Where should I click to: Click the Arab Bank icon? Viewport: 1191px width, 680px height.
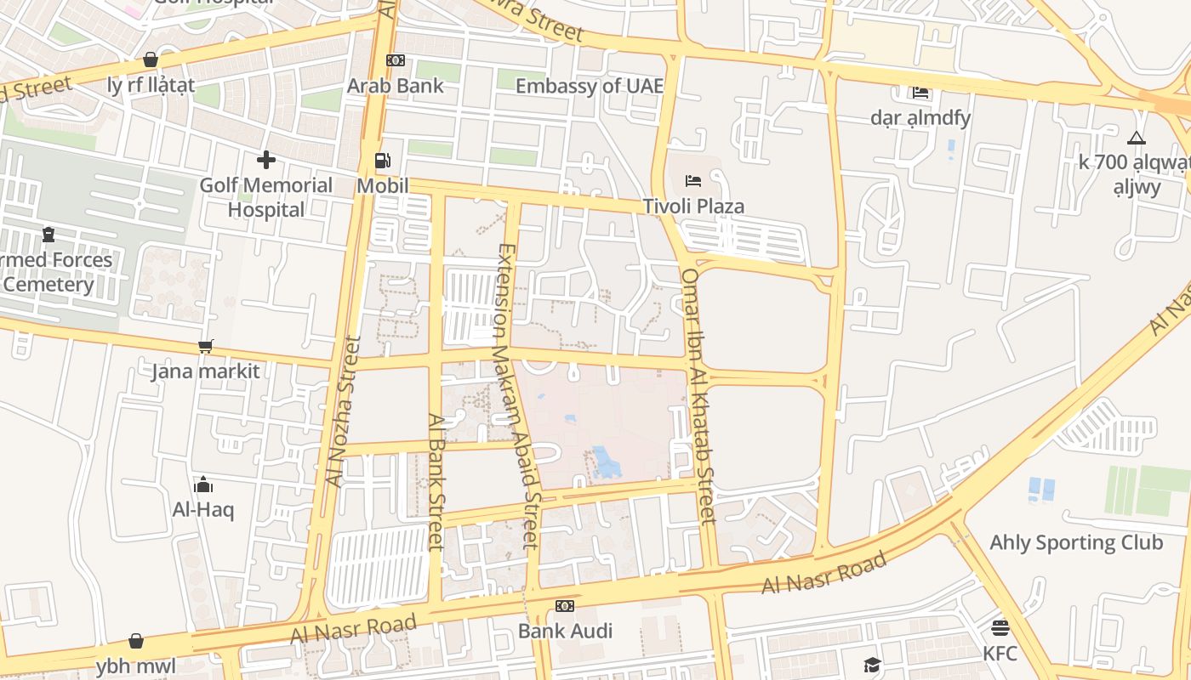(x=396, y=60)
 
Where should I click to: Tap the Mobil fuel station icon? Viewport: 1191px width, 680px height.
(x=383, y=161)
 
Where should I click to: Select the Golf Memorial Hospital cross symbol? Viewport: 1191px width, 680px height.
(x=266, y=159)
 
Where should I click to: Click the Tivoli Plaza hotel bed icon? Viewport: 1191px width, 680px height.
(x=693, y=180)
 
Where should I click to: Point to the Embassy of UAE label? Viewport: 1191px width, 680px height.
(x=589, y=86)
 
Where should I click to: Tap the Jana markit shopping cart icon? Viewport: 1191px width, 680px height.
(x=205, y=346)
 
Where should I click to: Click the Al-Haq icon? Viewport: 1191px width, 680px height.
(x=203, y=484)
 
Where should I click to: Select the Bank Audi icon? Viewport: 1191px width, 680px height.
(x=565, y=606)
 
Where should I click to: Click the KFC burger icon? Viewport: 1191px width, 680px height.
(x=1000, y=628)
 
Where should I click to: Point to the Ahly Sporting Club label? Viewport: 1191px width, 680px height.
(x=1075, y=542)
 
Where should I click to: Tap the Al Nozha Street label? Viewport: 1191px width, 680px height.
(x=344, y=412)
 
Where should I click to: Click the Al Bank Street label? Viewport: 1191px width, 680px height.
(x=436, y=481)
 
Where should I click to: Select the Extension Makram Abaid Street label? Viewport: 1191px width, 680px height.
(x=518, y=395)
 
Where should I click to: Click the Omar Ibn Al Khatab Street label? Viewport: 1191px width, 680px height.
(x=699, y=395)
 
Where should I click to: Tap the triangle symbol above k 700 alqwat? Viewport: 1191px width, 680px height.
(x=1137, y=138)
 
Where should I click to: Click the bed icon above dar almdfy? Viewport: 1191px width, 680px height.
(x=920, y=92)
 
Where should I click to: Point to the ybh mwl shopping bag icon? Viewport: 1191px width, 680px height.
(x=136, y=641)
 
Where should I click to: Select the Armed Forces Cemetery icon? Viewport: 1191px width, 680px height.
(x=48, y=235)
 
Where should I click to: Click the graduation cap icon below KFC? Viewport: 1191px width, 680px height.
(x=872, y=665)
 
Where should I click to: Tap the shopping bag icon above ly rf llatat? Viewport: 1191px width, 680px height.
(x=151, y=59)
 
